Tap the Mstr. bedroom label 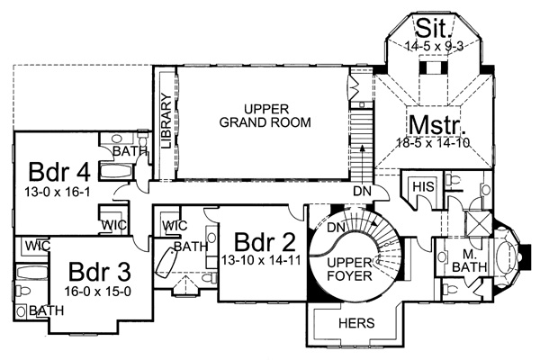pos(434,123)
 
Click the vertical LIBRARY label pos(166,123)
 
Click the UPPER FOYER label pos(348,267)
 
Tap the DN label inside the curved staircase pos(335,226)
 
